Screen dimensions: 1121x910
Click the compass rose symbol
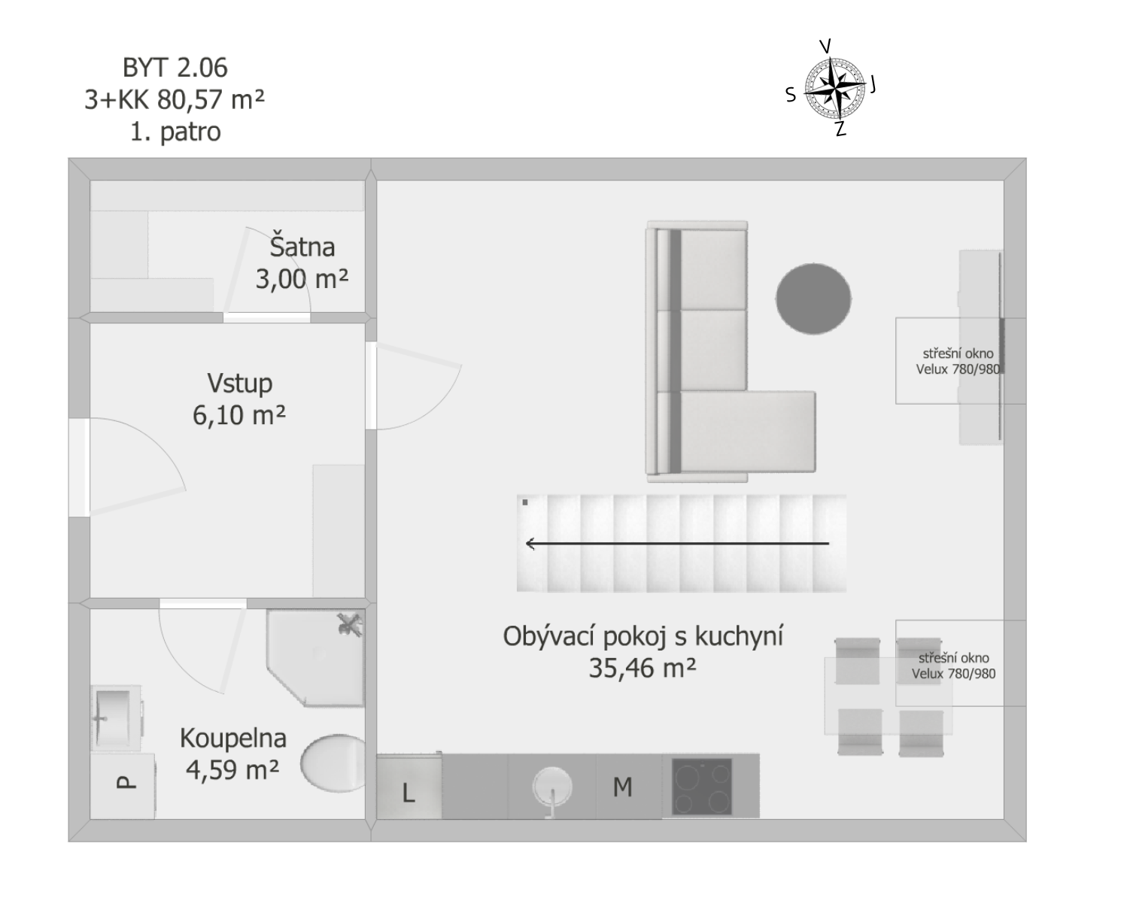[x=834, y=89]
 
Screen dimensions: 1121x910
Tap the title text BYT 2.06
[x=175, y=68]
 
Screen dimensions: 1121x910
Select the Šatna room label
[x=302, y=247]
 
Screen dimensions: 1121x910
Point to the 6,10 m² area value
[x=239, y=416]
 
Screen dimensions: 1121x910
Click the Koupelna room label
[x=233, y=738]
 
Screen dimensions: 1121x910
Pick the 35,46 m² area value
[x=643, y=669]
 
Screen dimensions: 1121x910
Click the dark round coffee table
[x=813, y=299]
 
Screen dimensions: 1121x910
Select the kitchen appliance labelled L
[x=409, y=786]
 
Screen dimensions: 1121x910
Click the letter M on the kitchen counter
[x=623, y=787]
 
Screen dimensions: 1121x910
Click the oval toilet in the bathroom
[x=333, y=763]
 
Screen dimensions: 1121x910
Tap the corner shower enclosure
[x=315, y=657]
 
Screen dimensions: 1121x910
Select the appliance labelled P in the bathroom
[x=123, y=786]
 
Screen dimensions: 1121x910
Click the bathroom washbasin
[x=117, y=718]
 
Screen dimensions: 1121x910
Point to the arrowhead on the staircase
[x=530, y=544]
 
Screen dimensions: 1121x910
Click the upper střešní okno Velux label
[x=957, y=362]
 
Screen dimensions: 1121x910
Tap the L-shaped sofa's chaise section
[x=747, y=432]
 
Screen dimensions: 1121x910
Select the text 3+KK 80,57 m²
[x=175, y=99]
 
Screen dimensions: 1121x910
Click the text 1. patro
[x=175, y=132]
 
